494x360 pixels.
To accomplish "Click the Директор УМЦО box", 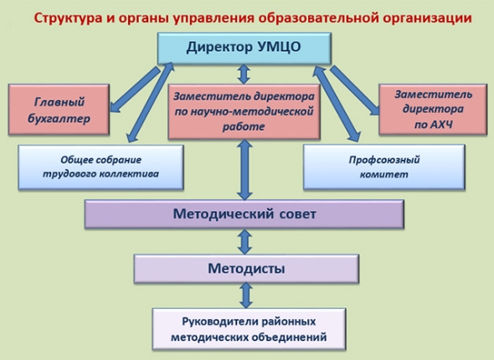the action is click(x=244, y=49).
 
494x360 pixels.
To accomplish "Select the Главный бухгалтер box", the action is click(x=59, y=110).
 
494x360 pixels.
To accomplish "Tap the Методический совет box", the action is click(x=244, y=214).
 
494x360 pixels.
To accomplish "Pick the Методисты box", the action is click(x=246, y=269).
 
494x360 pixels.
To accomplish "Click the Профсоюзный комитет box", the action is click(x=384, y=167).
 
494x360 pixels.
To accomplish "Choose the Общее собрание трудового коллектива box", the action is click(x=100, y=167).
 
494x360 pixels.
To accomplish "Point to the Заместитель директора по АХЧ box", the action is click(x=433, y=110).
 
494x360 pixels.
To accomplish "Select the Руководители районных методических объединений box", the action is click(x=249, y=329).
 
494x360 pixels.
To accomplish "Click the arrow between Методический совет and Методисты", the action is click(x=244, y=242).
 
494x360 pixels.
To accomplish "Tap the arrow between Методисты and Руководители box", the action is click(x=246, y=296).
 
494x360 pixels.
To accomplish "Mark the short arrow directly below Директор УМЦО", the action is click(x=244, y=74).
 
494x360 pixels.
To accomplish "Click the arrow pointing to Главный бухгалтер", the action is click(x=135, y=90).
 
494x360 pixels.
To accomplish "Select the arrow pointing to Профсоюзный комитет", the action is click(x=337, y=104).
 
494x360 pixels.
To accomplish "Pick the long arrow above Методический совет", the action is click(x=244, y=170).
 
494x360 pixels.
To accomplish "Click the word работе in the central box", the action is click(x=244, y=127).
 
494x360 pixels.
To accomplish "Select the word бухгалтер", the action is click(x=59, y=119).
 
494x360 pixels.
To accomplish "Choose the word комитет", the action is click(x=383, y=174).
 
